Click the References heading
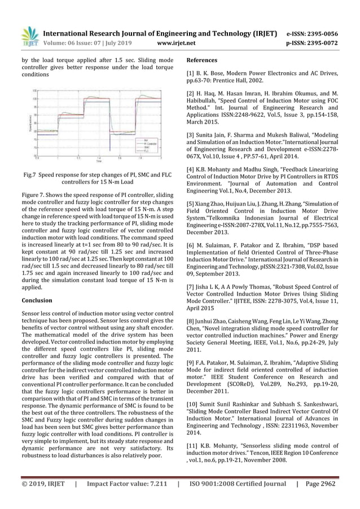pyautogui.click(x=202, y=60)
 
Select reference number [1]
pyautogui.click(x=190, y=73)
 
